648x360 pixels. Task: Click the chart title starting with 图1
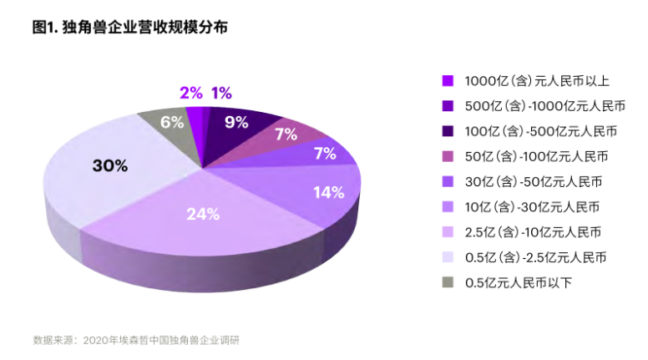coord(129,27)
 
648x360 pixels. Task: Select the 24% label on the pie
coord(202,214)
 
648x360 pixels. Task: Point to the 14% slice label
coord(327,192)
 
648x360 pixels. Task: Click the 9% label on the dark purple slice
coord(236,123)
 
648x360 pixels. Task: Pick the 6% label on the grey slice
coord(172,122)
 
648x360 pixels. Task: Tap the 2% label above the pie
coord(190,93)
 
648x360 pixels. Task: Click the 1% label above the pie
coord(220,93)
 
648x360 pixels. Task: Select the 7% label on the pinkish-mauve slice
coord(286,134)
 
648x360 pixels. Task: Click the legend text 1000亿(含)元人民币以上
coord(537,81)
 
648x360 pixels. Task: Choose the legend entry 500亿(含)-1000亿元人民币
coord(544,106)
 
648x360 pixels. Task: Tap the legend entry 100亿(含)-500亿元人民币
coord(540,131)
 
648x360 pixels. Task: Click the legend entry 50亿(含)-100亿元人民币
coord(536,156)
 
